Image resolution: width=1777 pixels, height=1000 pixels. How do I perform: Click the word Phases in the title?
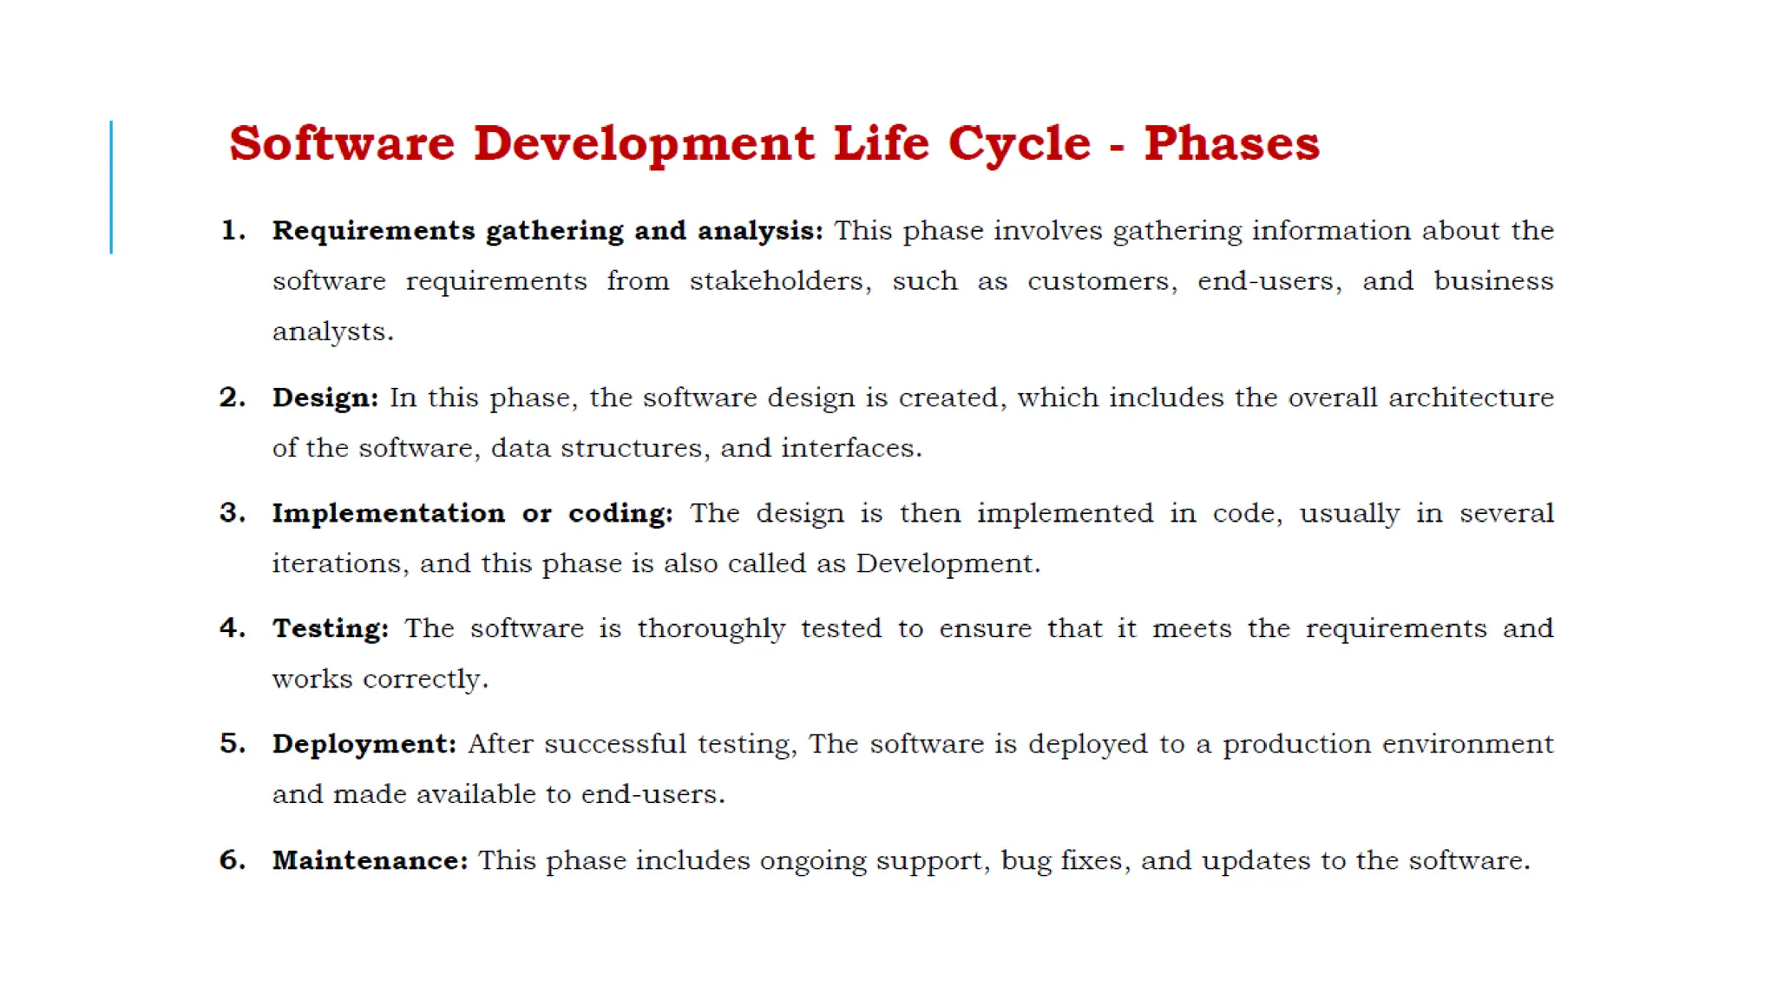(1231, 143)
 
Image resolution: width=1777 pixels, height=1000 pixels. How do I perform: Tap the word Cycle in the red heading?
(1019, 145)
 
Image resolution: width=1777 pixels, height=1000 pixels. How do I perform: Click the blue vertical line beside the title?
(111, 187)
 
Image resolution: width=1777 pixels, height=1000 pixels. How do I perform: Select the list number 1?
(232, 231)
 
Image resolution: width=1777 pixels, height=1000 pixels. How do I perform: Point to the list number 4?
(232, 628)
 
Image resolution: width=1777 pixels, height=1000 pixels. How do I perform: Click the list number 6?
(232, 859)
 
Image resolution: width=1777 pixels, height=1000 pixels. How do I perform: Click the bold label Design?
(325, 398)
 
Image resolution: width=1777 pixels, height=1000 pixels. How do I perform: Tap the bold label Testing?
(331, 628)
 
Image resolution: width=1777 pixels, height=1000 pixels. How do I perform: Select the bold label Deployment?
(364, 744)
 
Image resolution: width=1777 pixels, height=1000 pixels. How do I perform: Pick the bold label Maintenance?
(370, 859)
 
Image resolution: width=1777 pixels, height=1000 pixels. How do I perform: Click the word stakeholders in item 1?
(779, 281)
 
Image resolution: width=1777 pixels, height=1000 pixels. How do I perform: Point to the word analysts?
(332, 332)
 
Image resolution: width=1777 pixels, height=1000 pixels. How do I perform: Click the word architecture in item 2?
(1471, 398)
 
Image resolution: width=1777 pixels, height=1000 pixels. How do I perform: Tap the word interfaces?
(850, 448)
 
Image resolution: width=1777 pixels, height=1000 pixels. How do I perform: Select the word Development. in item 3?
(948, 563)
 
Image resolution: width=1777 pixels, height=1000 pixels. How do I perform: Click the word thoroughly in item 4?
(711, 628)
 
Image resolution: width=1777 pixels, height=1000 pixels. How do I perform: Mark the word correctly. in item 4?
(425, 679)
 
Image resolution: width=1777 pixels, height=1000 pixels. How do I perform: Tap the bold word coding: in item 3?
(620, 513)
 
